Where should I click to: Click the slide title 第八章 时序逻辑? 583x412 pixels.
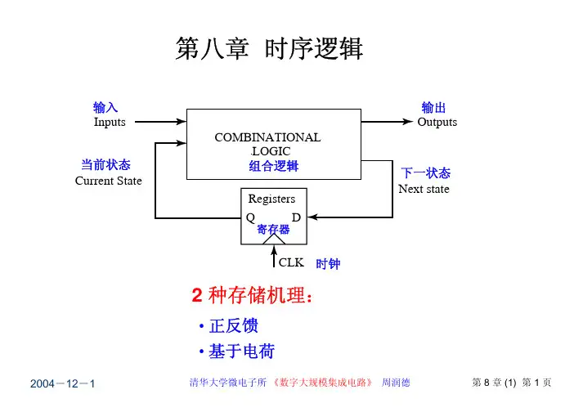269,50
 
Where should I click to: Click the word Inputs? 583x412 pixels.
110,123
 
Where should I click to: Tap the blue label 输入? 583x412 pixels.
105,107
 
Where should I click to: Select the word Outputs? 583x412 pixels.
437,123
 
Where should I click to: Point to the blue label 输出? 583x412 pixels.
433,108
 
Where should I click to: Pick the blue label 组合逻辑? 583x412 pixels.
274,166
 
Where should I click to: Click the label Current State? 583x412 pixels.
108,181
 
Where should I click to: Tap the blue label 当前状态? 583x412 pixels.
105,165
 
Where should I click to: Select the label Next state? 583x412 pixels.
424,189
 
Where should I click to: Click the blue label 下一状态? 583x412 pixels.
426,173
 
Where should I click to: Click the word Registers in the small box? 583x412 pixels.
271,199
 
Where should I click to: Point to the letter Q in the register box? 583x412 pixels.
250,217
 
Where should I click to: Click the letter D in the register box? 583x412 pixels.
296,217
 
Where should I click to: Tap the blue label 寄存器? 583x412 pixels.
273,230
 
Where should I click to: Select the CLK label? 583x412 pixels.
291,263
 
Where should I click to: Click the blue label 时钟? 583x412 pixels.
328,264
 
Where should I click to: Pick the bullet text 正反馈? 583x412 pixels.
233,326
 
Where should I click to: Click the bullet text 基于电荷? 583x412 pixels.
241,352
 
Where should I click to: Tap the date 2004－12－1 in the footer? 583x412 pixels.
63,383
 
